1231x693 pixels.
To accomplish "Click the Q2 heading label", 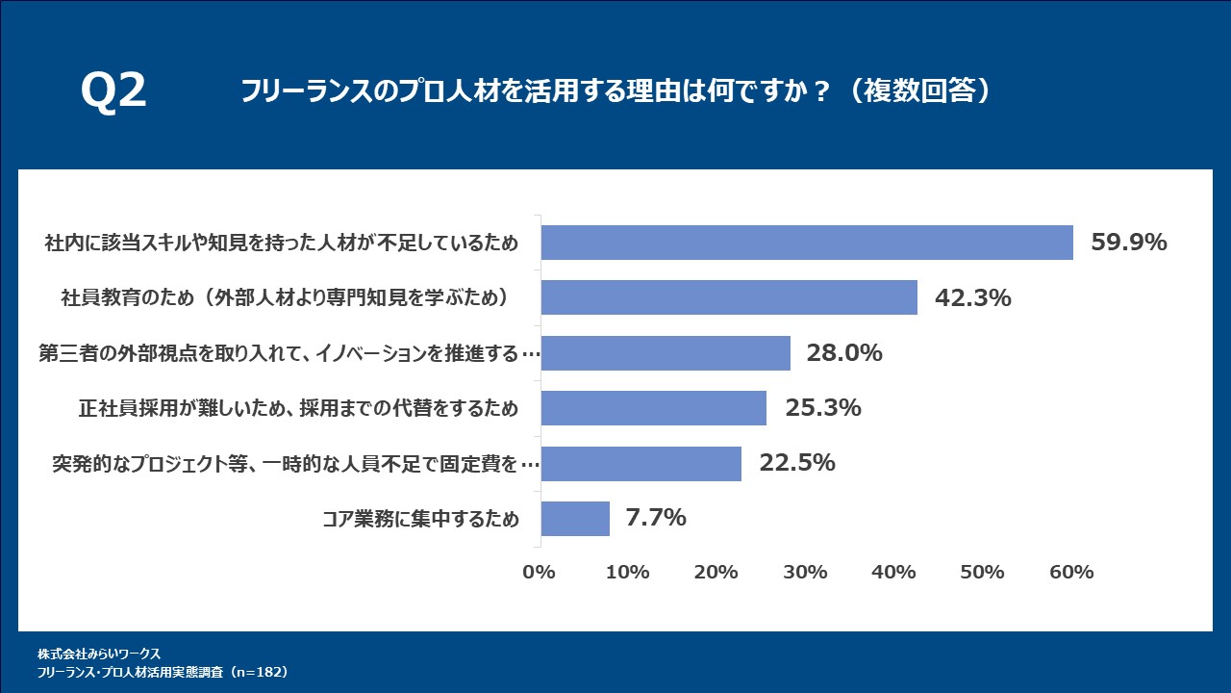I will (x=113, y=91).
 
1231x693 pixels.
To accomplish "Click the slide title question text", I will (x=615, y=91).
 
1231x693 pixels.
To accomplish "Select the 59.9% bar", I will (x=807, y=243).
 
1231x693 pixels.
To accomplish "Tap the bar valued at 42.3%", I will (x=729, y=297).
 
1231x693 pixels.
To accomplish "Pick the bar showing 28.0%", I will (x=666, y=353).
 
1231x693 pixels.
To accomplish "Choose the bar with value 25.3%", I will (x=654, y=408).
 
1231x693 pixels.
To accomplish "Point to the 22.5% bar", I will (x=641, y=464).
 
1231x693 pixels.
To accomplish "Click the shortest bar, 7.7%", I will (x=575, y=519).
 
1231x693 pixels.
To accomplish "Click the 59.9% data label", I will (x=1128, y=243).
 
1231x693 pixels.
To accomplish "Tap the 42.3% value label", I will (x=972, y=298).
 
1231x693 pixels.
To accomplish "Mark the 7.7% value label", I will (x=655, y=518).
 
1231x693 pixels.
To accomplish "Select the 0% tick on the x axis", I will (x=539, y=572).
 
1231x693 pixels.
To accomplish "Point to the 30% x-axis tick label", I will (x=805, y=572).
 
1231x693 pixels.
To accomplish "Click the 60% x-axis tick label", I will (x=1071, y=572).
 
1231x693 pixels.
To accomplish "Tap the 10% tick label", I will (x=627, y=572).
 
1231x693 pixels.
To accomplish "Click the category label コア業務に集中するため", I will (x=420, y=520).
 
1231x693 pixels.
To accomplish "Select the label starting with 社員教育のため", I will (x=284, y=298).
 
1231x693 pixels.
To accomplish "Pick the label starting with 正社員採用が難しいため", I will (x=298, y=409).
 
